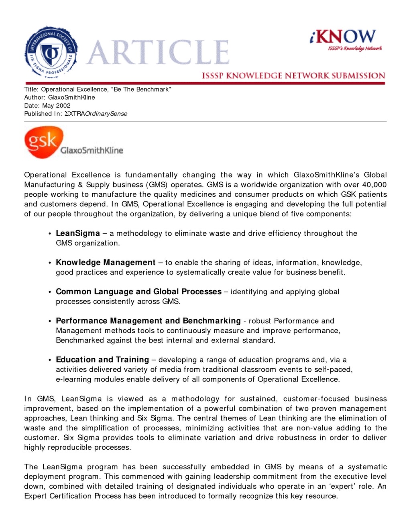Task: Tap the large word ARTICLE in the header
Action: click(158, 53)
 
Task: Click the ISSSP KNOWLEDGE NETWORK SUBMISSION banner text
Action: click(293, 75)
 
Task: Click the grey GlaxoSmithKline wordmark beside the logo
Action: click(92, 151)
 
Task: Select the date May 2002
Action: click(56, 106)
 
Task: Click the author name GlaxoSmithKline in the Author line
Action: click(71, 98)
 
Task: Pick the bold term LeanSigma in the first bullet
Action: click(78, 233)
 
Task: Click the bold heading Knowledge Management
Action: click(106, 263)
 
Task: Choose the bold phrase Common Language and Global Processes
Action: click(138, 291)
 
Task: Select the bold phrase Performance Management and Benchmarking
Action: click(148, 321)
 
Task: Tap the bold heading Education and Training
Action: click(102, 360)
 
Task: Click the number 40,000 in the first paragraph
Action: click(374, 185)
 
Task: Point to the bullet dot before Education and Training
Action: click(50, 360)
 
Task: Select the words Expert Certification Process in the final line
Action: click(73, 496)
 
